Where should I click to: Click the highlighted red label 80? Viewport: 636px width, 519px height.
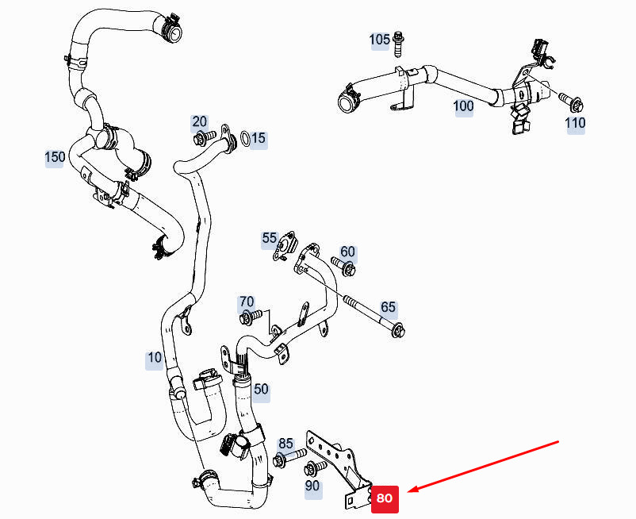[384, 499]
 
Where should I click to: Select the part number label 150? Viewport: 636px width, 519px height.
[55, 157]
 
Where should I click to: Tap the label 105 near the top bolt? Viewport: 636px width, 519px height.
[380, 40]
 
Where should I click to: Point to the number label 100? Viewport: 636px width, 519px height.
[464, 106]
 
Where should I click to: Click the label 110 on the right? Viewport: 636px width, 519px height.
[575, 123]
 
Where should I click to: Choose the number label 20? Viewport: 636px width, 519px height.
[199, 121]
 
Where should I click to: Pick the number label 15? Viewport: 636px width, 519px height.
[259, 140]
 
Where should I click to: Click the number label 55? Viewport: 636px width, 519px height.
[270, 237]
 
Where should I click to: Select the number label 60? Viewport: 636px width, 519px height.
[348, 252]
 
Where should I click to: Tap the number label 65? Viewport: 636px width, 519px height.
[388, 307]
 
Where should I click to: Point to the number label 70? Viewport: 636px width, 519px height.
[247, 302]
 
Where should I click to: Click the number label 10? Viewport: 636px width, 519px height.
[155, 358]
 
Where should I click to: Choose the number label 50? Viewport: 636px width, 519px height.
[261, 389]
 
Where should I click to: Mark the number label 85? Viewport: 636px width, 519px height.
[285, 444]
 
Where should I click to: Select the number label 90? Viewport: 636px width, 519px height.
[312, 485]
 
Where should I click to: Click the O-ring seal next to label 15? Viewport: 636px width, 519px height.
[245, 140]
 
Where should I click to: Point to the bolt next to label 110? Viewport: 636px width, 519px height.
[571, 102]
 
